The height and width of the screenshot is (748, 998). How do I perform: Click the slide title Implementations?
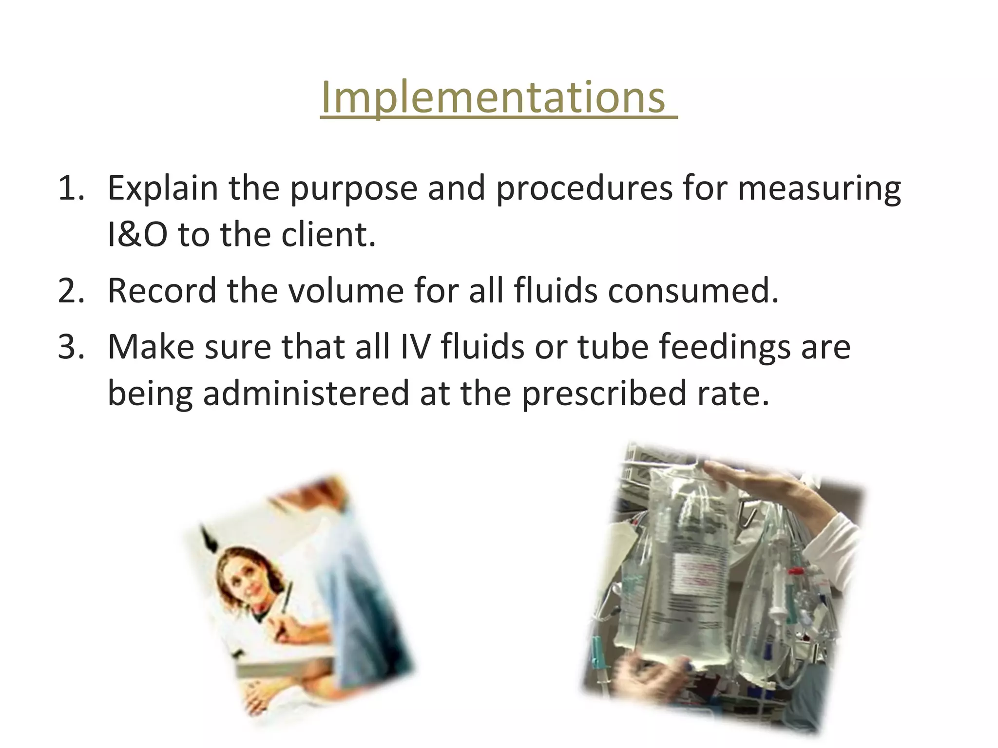coord(493,97)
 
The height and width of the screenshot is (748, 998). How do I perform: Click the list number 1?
coord(71,188)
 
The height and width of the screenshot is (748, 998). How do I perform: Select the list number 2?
coord(71,291)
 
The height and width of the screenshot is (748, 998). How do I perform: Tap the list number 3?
coord(71,347)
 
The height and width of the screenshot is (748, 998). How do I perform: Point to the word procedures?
coord(584,188)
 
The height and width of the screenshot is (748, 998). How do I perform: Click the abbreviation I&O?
coord(137,235)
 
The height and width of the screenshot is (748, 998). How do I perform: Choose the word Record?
coord(162,291)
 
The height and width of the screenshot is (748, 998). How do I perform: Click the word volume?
coord(346,291)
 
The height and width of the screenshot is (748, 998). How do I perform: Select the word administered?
coord(306,393)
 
